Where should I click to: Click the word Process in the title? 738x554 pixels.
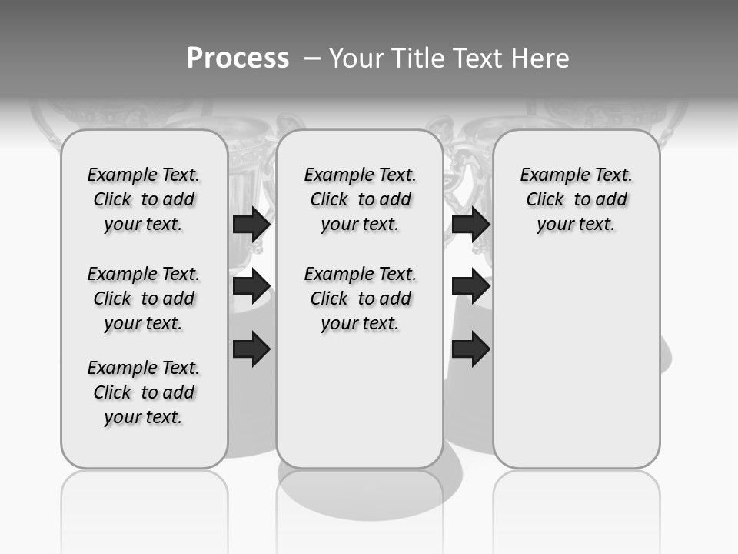(x=238, y=58)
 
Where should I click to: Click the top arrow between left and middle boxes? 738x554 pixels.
(x=251, y=224)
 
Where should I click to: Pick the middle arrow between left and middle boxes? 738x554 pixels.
(x=251, y=287)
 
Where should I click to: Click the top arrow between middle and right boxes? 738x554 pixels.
(x=470, y=224)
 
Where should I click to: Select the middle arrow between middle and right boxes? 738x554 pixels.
(x=470, y=287)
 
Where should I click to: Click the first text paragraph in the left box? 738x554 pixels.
(x=144, y=199)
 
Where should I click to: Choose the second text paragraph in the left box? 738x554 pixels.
(x=144, y=299)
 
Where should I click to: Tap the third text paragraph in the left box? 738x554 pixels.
(x=144, y=392)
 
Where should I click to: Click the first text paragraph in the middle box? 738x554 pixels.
(x=360, y=199)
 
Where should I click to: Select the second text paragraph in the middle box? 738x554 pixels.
(x=360, y=299)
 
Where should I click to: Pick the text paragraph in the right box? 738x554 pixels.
(x=577, y=199)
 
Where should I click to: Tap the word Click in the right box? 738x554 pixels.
(x=545, y=200)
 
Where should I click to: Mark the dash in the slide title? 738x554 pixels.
(x=312, y=58)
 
